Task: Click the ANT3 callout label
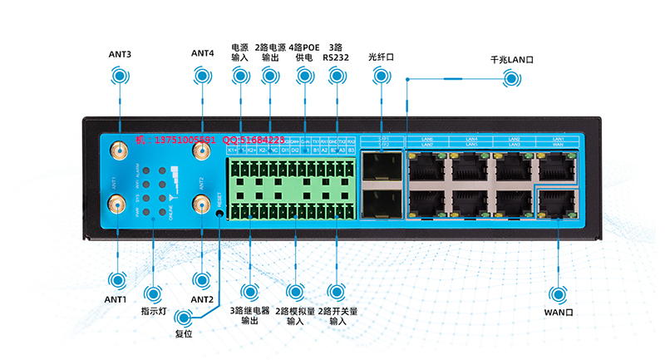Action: coord(120,54)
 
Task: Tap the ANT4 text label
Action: coord(202,53)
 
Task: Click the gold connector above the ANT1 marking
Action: coord(119,153)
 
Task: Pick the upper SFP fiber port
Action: coord(380,167)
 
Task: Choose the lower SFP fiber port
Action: coord(380,205)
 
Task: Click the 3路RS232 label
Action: coord(336,52)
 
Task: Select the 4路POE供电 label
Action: coord(304,52)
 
